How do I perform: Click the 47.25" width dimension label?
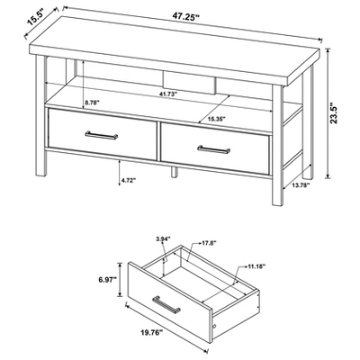[x=186, y=16]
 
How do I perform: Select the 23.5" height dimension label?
[x=334, y=113]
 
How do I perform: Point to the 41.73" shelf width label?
[x=168, y=94]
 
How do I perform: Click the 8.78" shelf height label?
[x=92, y=103]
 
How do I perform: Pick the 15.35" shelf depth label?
[x=216, y=119]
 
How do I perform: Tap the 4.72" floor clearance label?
[x=129, y=180]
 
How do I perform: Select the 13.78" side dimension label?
[x=301, y=185]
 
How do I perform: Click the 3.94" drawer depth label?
[x=163, y=239]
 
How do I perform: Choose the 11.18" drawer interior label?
[x=256, y=266]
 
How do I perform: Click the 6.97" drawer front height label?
[x=107, y=280]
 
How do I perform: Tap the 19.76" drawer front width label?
[x=151, y=332]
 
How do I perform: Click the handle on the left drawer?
[x=102, y=135]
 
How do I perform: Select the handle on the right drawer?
[x=214, y=149]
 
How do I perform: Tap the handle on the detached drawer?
[x=166, y=305]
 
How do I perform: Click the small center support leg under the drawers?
[x=175, y=171]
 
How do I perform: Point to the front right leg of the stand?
[x=277, y=145]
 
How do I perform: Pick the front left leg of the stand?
[x=41, y=115]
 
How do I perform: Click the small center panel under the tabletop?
[x=190, y=82]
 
